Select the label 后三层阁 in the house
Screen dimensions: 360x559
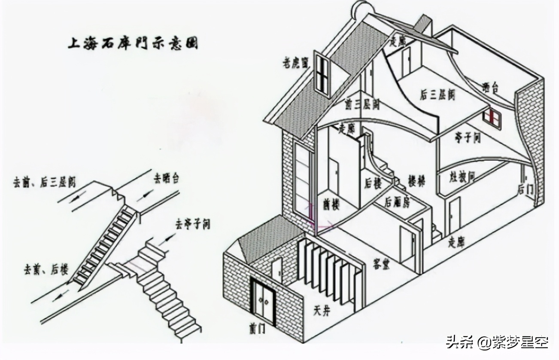[437, 95]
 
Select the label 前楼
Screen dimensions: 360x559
[331, 205]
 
